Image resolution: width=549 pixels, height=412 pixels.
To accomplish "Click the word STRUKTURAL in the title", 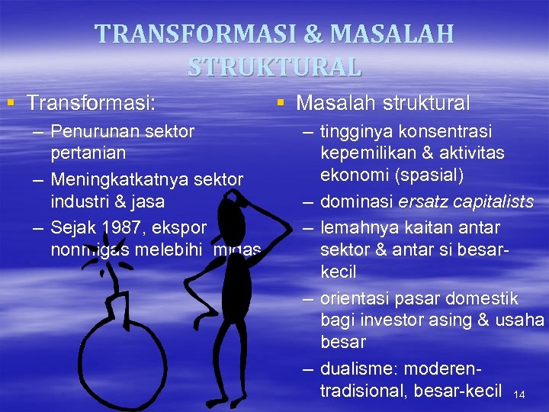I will tap(274, 66).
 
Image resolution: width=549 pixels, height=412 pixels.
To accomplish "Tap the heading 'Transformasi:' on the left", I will tap(96, 102).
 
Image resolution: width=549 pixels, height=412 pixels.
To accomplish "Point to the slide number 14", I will tap(520, 394).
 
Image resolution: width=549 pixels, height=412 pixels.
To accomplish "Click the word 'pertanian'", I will tap(88, 153).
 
